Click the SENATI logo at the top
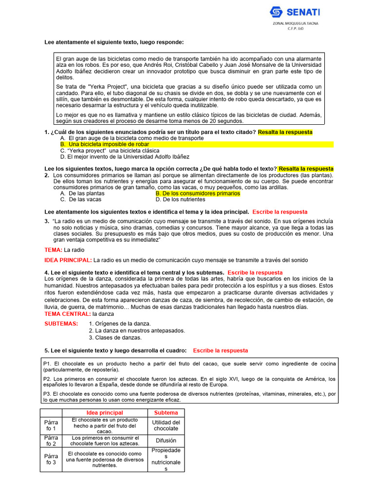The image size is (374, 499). click(295, 12)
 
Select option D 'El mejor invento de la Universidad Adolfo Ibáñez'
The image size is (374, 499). click(125, 157)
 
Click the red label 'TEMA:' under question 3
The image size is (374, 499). click(53, 250)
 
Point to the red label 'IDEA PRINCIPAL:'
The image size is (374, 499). click(68, 260)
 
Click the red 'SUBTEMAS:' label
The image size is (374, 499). click(61, 324)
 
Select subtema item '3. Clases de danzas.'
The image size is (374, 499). click(115, 338)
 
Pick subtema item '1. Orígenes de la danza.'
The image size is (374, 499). click(120, 324)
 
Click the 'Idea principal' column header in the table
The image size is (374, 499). click(105, 413)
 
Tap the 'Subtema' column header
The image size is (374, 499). click(166, 413)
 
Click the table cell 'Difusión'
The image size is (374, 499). click(166, 441)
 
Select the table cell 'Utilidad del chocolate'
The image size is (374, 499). click(166, 425)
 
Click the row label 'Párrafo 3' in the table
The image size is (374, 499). click(51, 459)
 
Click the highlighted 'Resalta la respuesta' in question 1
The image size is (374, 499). click(285, 132)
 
